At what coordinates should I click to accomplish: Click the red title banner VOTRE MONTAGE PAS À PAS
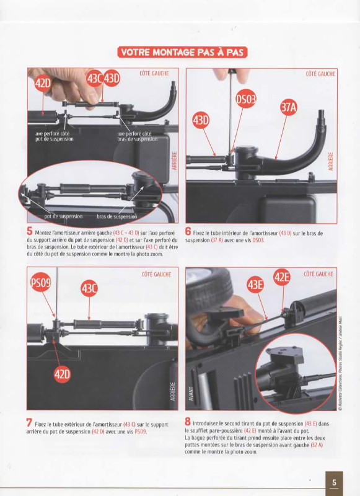[182, 52]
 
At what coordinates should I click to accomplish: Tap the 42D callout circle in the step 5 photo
[43, 84]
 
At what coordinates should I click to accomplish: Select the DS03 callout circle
[246, 99]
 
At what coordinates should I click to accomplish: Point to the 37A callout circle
[289, 107]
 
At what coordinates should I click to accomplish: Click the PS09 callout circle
[41, 282]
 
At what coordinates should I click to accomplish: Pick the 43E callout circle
[255, 285]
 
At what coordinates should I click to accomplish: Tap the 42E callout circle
[281, 277]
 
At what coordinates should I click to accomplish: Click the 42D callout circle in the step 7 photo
[62, 374]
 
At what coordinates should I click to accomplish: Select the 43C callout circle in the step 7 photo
[89, 288]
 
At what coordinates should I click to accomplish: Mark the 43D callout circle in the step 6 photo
[201, 120]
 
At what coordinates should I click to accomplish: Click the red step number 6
[188, 232]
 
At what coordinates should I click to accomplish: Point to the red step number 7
[29, 423]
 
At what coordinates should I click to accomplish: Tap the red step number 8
[188, 422]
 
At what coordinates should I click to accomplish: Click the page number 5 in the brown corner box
[334, 483]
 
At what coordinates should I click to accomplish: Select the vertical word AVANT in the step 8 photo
[191, 394]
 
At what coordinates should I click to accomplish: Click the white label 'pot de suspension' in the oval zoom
[63, 216]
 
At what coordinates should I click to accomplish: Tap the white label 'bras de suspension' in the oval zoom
[116, 216]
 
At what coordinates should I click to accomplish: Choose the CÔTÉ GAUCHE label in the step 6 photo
[320, 74]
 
